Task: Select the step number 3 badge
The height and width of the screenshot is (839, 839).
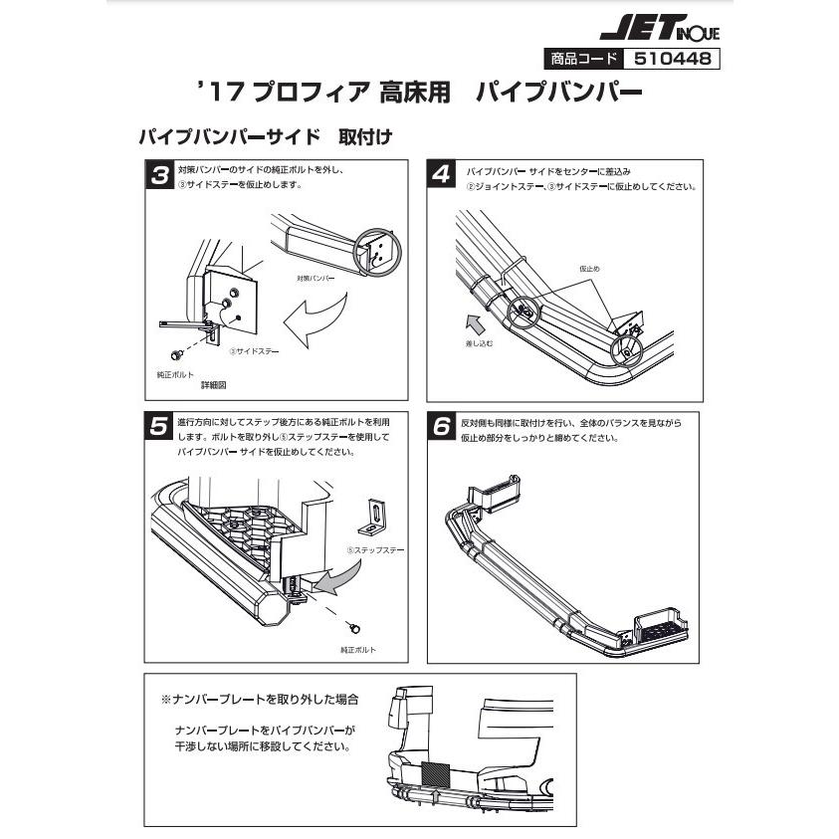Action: tap(159, 176)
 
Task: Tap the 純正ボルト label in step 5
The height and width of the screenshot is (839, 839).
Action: tap(357, 648)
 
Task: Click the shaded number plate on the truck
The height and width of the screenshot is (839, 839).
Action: tap(436, 773)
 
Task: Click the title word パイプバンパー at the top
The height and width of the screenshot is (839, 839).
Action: tap(558, 96)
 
